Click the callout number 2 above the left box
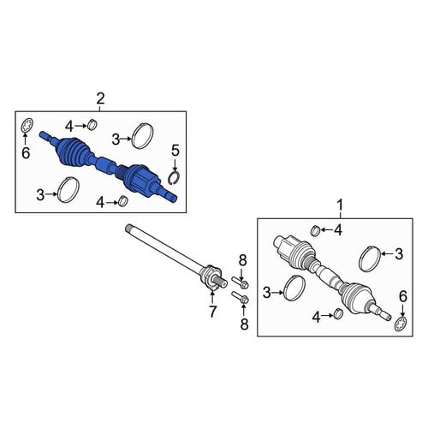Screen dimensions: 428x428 (x=100, y=98)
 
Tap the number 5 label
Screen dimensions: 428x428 (x=175, y=151)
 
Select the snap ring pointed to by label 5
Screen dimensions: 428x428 (x=174, y=177)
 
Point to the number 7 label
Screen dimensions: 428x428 (x=212, y=312)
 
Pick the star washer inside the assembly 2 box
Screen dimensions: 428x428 (x=28, y=126)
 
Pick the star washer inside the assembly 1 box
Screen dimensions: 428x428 (x=401, y=324)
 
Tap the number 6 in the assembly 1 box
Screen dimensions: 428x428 (x=402, y=297)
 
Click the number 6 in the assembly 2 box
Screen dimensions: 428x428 (x=26, y=153)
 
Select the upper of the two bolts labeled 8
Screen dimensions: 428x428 (x=241, y=282)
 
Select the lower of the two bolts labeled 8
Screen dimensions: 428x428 (x=241, y=297)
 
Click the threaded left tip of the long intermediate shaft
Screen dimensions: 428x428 (x=128, y=228)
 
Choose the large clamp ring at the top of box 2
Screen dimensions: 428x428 (x=143, y=136)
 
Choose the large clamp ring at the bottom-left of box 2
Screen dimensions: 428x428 (x=68, y=190)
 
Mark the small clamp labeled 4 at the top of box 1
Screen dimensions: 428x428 (x=315, y=230)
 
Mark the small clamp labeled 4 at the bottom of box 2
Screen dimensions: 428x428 (x=123, y=201)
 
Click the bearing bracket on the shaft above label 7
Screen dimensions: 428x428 (x=211, y=276)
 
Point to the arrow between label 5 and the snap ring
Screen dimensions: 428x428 (x=175, y=163)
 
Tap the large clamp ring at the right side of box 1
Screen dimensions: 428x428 (x=370, y=259)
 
